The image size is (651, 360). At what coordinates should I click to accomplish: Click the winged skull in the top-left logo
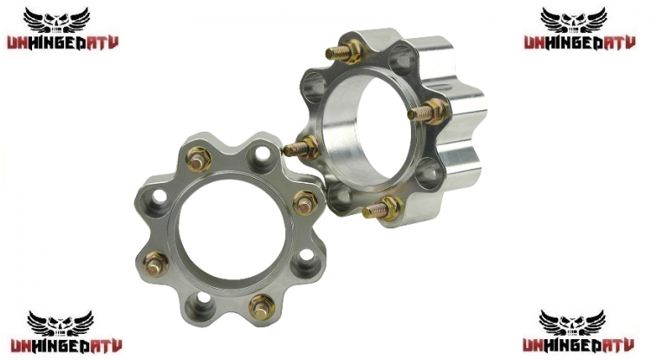tap(56, 20)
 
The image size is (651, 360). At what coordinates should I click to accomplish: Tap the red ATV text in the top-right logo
tap(619, 43)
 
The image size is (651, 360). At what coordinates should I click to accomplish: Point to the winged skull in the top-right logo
tap(573, 20)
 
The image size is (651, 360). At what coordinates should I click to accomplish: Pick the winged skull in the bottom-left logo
tap(61, 324)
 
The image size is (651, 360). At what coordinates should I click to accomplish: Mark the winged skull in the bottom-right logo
tap(572, 323)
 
